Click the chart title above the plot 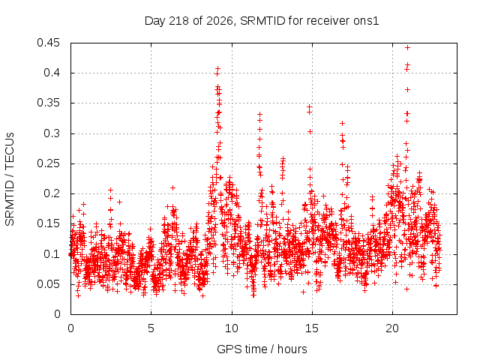[x=262, y=21]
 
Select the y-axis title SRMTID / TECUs [x=10, y=179]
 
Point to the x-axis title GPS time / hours [x=262, y=349]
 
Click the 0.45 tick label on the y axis [x=48, y=43]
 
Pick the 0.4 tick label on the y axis [x=52, y=73]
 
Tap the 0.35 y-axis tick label [x=48, y=103]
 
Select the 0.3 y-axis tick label [x=52, y=133]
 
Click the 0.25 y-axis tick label [x=48, y=163]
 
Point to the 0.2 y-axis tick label [x=52, y=193]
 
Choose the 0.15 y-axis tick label [x=48, y=223]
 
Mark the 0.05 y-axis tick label [x=48, y=284]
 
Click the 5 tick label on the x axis [x=151, y=328]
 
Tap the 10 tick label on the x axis [x=232, y=328]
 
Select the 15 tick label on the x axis [x=312, y=328]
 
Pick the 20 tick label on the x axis [x=392, y=328]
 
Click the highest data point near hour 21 [x=407, y=48]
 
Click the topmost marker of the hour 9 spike [x=217, y=68]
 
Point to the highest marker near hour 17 [x=343, y=123]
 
